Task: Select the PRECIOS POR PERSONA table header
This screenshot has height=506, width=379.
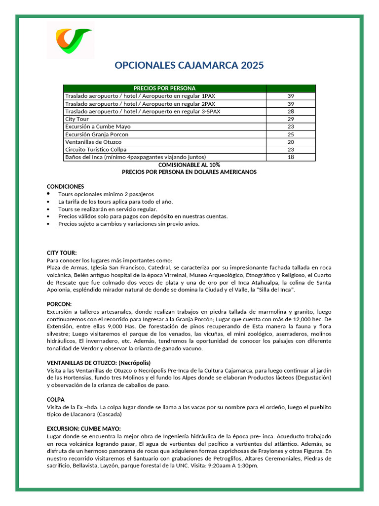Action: click(164, 88)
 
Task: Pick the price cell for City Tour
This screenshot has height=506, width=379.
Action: click(290, 119)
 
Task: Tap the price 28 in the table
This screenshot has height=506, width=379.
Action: click(290, 112)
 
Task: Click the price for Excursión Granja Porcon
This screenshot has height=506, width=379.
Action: click(290, 134)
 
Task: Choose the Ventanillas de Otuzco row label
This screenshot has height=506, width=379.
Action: click(93, 142)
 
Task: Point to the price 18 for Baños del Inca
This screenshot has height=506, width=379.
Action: click(290, 157)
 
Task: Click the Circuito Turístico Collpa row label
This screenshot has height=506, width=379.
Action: click(96, 149)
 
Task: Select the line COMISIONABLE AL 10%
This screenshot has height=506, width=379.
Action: click(189, 165)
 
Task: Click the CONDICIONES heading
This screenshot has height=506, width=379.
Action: click(66, 186)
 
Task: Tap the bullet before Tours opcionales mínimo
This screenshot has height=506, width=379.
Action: click(48, 194)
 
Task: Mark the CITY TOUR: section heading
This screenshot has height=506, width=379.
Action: click(62, 253)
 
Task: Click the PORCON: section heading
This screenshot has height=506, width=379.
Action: click(59, 304)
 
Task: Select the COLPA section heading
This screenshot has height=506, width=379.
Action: click(56, 399)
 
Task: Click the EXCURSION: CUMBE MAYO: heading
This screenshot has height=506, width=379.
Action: click(83, 428)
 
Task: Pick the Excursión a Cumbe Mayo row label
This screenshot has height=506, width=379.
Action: click(98, 126)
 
